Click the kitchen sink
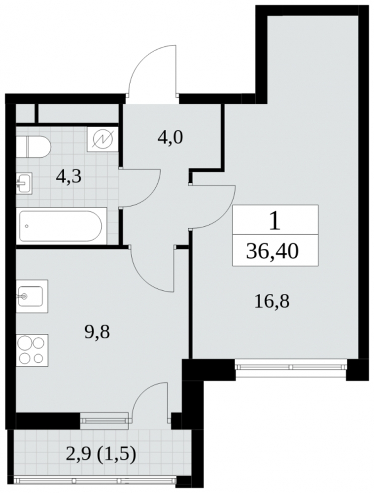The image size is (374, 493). pyautogui.click(x=31, y=296)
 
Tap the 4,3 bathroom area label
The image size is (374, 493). pyautogui.click(x=68, y=176)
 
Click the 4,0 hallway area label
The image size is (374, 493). pyautogui.click(x=170, y=138)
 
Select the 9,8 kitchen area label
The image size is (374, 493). pyautogui.click(x=97, y=332)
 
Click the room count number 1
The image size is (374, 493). pyautogui.click(x=274, y=221)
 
